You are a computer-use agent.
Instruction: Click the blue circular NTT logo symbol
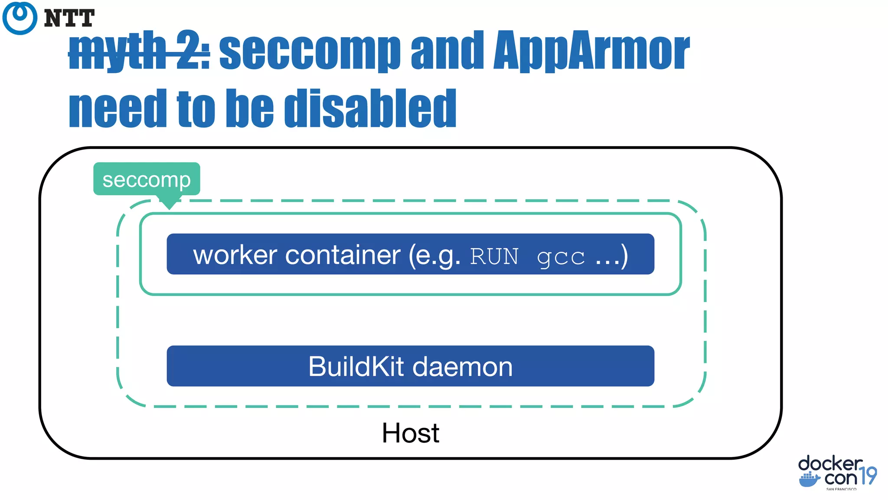coord(20,18)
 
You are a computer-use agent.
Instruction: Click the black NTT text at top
coord(69,19)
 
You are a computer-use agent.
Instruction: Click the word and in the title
coord(447,51)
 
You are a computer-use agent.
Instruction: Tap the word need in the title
coord(118,109)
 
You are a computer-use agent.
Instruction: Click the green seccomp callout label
coord(147,179)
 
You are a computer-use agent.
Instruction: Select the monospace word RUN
coord(494,257)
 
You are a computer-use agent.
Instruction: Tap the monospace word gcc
coord(561,257)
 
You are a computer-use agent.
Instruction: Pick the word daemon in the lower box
coord(462,367)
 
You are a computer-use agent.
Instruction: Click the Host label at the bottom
coord(410,433)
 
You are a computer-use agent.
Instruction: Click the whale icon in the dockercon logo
coord(809,480)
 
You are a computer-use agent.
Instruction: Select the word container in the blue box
coord(343,255)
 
